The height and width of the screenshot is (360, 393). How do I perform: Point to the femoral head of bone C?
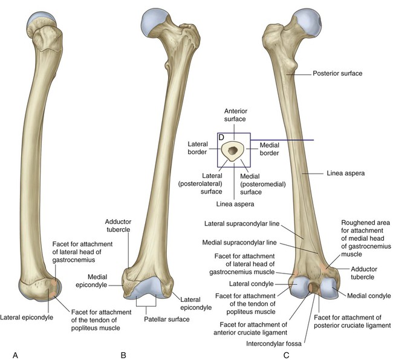pos(308,22)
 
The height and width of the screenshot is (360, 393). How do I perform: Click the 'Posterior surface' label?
pos(337,73)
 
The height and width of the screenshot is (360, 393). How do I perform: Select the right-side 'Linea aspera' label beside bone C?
pos(346,173)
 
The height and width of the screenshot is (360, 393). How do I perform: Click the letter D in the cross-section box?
pos(221,137)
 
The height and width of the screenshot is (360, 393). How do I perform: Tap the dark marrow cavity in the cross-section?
pos(233,151)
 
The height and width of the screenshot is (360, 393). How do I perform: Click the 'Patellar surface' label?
pos(167,319)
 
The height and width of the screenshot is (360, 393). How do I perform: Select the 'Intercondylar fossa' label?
pos(274,344)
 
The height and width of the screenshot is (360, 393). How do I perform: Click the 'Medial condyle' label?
pos(369,296)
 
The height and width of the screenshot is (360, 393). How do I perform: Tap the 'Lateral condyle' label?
pos(251,284)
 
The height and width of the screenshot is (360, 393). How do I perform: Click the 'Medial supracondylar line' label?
pos(239,243)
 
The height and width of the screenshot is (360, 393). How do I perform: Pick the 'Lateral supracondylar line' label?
pos(242,223)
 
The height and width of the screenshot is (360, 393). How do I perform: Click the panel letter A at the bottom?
pos(15,355)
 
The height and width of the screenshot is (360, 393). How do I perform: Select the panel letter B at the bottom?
pos(123,355)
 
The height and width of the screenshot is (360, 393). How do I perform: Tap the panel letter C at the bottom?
pos(286,355)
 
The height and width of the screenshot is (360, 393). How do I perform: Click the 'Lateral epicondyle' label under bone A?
pos(27,318)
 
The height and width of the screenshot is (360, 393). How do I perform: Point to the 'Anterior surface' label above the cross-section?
pos(235,115)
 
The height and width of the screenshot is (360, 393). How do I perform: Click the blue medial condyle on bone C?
pos(329,289)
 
